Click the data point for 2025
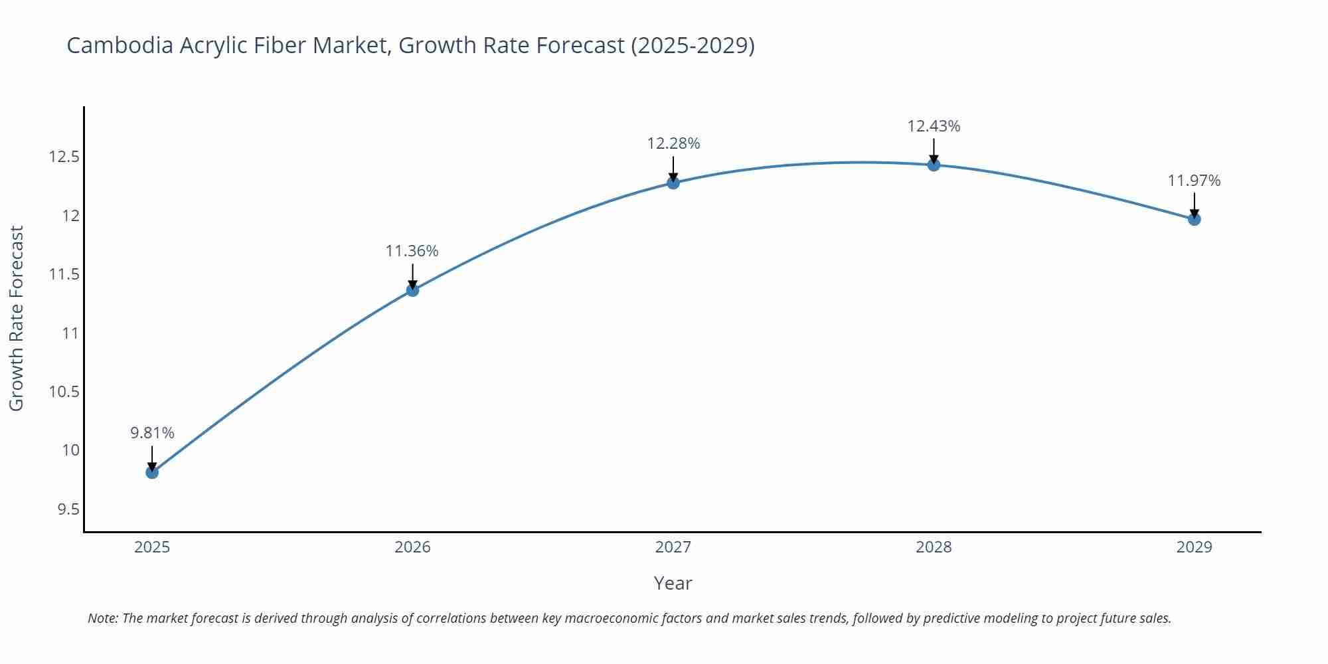pyautogui.click(x=152, y=472)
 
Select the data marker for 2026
pyautogui.click(x=412, y=290)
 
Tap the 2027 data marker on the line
pyautogui.click(x=673, y=183)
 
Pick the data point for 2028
pyautogui.click(x=934, y=165)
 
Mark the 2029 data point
pyautogui.click(x=1194, y=219)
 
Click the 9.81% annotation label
pyautogui.click(x=152, y=433)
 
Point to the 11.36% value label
pyautogui.click(x=412, y=251)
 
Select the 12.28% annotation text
pyautogui.click(x=673, y=143)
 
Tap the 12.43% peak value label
pyautogui.click(x=934, y=126)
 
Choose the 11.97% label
pyautogui.click(x=1194, y=181)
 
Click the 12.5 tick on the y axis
pyautogui.click(x=64, y=157)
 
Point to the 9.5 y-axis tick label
pyautogui.click(x=68, y=509)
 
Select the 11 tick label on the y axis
pyautogui.click(x=70, y=333)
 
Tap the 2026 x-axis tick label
pyautogui.click(x=412, y=547)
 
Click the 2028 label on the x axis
pyautogui.click(x=934, y=547)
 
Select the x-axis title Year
pyautogui.click(x=673, y=583)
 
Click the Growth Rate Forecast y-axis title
pyautogui.click(x=17, y=318)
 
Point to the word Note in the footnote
pyautogui.click(x=102, y=618)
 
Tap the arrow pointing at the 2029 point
pyautogui.click(x=1194, y=204)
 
